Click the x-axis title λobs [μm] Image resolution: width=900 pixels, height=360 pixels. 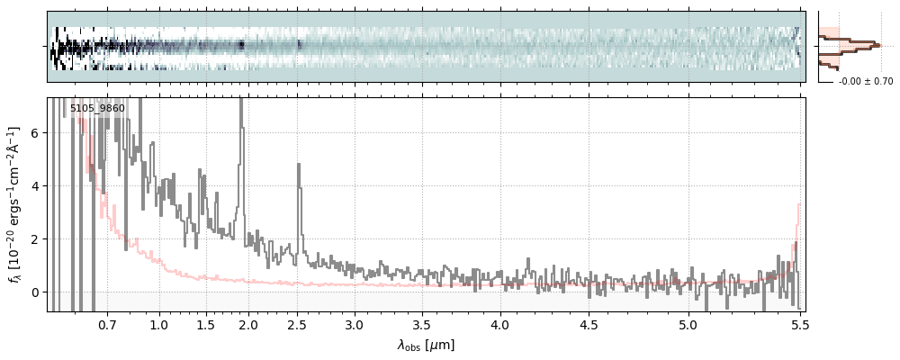426,345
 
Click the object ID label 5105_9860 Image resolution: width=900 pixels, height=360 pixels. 97,109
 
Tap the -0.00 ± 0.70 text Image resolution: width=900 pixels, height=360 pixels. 865,82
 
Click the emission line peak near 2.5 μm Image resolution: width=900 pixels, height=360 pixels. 298,165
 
